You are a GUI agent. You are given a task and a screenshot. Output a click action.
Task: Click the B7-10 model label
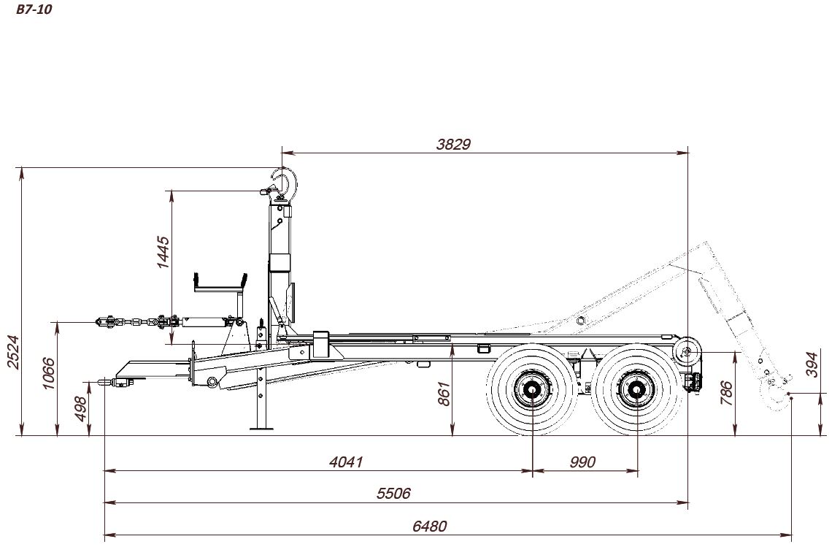tap(34, 9)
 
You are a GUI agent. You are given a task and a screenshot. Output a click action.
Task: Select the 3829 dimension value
tap(453, 145)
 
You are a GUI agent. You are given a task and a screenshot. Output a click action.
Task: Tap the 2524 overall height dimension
tap(12, 352)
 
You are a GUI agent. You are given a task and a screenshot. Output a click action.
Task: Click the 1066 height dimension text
tap(48, 374)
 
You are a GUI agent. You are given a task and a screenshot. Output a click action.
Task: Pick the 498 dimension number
tap(80, 409)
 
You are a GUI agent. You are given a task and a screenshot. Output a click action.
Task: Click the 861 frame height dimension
tap(444, 394)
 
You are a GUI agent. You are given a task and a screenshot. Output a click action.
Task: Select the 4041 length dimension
tap(346, 462)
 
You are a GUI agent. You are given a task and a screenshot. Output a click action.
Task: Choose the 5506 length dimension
tap(393, 493)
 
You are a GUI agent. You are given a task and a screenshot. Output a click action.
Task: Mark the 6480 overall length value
tap(429, 526)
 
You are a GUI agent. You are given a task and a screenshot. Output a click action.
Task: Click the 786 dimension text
tap(726, 394)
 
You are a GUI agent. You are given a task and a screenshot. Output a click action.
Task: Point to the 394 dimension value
tap(813, 364)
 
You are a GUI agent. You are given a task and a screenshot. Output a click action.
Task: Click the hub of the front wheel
tap(532, 389)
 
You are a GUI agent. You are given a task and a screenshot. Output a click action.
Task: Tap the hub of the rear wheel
tap(638, 389)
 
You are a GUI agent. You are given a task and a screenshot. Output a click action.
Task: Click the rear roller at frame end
tap(687, 352)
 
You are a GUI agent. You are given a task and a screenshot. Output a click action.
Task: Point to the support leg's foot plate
tap(262, 427)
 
